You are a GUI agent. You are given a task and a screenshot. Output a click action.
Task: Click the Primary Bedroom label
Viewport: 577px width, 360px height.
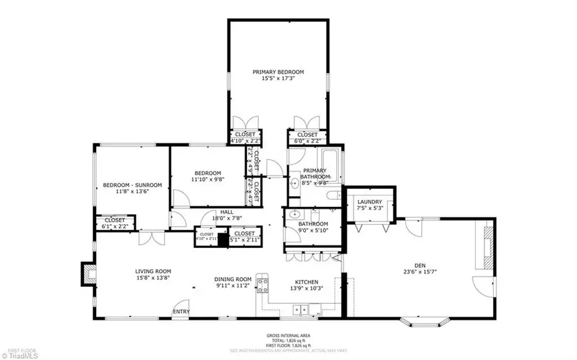(x=278, y=72)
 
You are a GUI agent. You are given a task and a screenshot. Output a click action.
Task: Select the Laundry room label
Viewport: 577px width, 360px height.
(x=369, y=202)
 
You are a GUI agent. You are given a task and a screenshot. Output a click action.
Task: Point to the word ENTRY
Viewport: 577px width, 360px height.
(x=181, y=312)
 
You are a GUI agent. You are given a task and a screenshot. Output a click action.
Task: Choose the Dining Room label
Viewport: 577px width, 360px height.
(x=233, y=279)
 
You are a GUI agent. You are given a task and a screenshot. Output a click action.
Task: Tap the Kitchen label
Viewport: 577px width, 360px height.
(x=306, y=282)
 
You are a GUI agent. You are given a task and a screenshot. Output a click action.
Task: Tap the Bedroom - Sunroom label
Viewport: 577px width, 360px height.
(x=133, y=186)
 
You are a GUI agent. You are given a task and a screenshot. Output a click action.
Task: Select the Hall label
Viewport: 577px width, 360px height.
(x=227, y=212)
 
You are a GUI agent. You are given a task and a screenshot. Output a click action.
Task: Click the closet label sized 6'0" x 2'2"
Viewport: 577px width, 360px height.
(x=307, y=135)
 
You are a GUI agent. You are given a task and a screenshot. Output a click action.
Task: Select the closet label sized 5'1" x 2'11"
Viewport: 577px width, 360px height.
(x=244, y=234)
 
